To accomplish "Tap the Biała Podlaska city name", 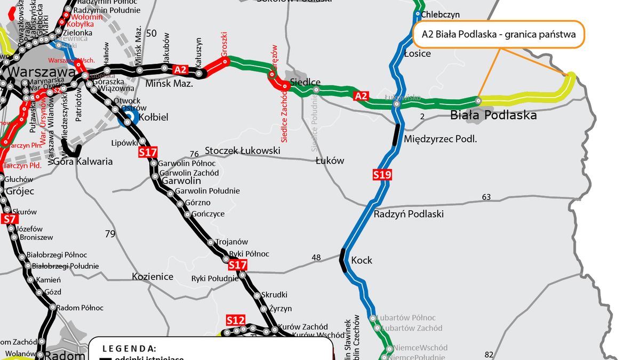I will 493,115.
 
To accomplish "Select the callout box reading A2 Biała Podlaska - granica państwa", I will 499,35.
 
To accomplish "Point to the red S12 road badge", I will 235,320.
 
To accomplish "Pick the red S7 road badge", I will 10,219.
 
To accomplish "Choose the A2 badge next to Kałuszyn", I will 181,69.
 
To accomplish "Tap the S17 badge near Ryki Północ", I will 237,265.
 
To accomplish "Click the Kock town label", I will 362,260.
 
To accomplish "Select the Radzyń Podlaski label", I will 409,214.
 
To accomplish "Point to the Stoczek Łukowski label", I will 242,151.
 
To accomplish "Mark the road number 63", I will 486,197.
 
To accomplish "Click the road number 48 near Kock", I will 316,258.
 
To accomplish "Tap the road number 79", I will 110,234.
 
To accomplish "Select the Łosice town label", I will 418,53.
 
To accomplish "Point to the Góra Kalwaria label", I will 83,161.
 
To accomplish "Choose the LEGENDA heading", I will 129,348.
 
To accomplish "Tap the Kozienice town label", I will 153,276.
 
